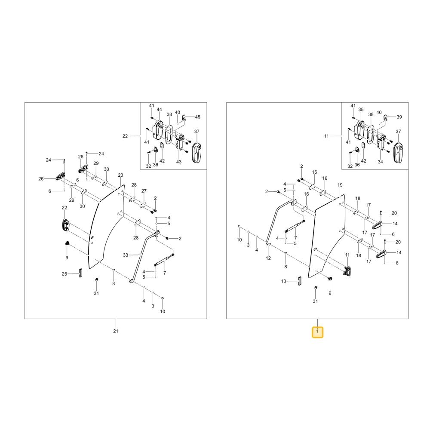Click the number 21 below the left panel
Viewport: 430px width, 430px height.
point(116,331)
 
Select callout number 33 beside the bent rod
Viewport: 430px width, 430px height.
point(126,255)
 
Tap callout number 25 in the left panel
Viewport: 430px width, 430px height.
point(64,273)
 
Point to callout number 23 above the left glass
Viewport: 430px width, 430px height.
point(121,175)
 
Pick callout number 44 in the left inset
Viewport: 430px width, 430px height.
point(160,109)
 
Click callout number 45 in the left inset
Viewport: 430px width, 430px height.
point(198,117)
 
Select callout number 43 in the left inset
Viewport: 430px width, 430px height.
point(179,162)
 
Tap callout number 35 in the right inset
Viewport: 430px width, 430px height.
point(361,109)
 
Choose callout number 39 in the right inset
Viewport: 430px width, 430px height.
point(399,117)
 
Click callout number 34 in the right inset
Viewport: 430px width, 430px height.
point(381,162)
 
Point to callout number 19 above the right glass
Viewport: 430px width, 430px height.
point(340,185)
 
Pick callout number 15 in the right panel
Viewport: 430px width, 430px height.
point(315,172)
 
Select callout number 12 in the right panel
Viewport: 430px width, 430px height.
point(268,258)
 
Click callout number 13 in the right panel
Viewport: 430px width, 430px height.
point(283,281)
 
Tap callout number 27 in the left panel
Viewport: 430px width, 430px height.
point(144,191)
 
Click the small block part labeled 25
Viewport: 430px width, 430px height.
point(80,273)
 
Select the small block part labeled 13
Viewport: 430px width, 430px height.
point(299,281)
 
